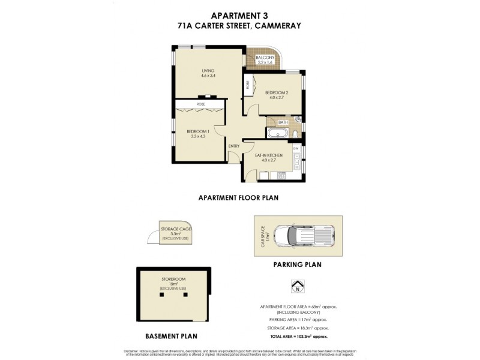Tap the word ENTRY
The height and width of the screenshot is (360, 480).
(x=234, y=146)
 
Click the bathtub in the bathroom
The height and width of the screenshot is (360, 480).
(x=278, y=133)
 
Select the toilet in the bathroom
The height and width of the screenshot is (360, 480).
(x=296, y=133)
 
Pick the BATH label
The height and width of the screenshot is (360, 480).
(x=283, y=122)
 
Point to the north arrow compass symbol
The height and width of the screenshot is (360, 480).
(x=295, y=286)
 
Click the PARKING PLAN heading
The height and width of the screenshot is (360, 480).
(x=297, y=264)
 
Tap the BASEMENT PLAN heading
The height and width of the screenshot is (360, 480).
(x=172, y=336)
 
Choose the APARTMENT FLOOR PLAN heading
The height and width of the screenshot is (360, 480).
(x=239, y=197)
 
